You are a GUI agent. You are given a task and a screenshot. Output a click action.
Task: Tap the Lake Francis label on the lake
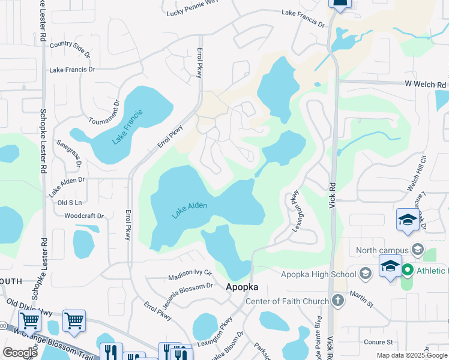[x=127, y=127]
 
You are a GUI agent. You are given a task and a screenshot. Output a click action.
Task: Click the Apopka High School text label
[x=319, y=274]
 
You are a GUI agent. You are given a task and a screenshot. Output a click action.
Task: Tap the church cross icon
[x=338, y=300]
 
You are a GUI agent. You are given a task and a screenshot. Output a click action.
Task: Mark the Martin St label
[x=362, y=296]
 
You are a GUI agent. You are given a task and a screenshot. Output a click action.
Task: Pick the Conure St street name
[x=378, y=342]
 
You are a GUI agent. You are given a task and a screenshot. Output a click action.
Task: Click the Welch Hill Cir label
[x=417, y=173]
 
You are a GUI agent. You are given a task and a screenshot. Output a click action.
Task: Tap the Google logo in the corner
[x=19, y=353]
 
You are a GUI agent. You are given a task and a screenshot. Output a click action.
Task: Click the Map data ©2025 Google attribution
[x=411, y=355]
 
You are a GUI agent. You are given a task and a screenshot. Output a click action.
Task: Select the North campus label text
[x=382, y=250]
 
